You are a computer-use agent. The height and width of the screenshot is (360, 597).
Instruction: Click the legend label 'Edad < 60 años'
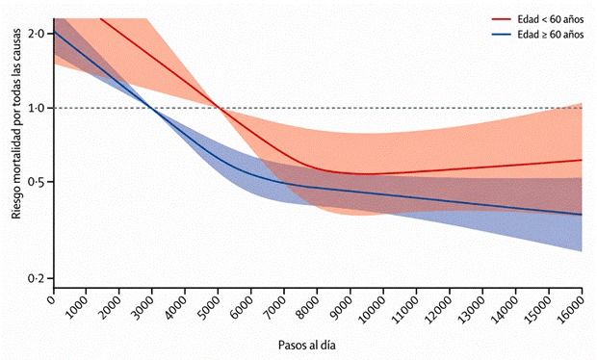click(551, 19)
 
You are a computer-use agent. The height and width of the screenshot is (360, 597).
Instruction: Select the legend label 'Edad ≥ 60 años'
click(551, 35)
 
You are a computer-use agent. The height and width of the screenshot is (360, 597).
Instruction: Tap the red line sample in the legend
click(501, 19)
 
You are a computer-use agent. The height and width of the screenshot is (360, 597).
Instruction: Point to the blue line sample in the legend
click(501, 35)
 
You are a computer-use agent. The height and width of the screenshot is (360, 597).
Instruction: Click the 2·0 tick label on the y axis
click(37, 34)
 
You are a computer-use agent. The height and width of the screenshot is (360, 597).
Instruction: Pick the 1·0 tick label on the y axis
click(37, 108)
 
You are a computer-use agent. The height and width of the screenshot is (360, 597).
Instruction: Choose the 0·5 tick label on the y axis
click(37, 182)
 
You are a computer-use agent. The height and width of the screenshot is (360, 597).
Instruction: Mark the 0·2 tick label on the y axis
click(37, 278)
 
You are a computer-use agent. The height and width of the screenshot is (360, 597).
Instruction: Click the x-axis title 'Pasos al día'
click(307, 346)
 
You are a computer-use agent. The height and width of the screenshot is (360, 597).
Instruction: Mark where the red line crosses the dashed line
click(219, 108)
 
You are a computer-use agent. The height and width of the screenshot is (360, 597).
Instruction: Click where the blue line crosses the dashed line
click(152, 108)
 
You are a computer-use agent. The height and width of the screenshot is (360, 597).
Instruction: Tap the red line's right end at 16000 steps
click(582, 160)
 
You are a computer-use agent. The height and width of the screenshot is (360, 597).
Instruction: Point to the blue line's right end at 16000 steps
click(582, 215)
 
